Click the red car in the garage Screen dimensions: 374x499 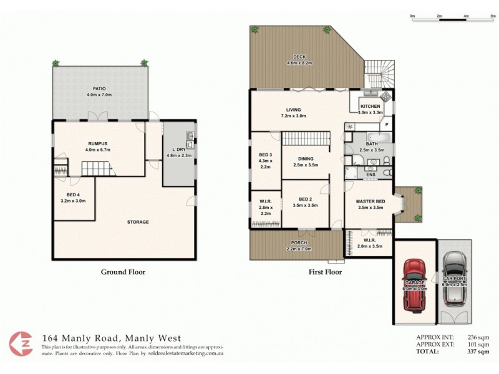point(414,284)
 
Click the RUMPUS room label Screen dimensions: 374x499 point(99,143)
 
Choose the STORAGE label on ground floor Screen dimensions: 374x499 point(137,222)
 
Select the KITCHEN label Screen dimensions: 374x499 point(370,107)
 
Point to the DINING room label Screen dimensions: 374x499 point(305,158)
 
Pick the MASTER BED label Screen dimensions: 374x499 point(369,202)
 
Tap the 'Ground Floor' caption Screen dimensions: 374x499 point(123,272)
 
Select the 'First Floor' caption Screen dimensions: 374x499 point(326,272)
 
